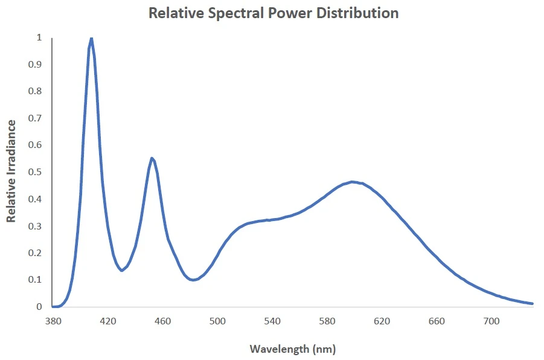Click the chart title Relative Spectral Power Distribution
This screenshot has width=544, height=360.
pos(274,13)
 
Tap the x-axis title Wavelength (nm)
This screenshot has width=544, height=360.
pos(292,349)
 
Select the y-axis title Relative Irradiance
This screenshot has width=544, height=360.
pos(11,171)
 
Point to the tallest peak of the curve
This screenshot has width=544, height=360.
pos(91,39)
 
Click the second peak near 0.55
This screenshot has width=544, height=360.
pos(152,158)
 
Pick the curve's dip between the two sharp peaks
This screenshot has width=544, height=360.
pos(121,270)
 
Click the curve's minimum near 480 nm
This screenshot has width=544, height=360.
pos(193,280)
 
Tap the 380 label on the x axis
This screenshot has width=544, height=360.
pos(53,321)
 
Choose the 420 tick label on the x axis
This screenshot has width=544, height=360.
pos(108,321)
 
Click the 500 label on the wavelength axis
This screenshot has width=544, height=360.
pos(218,321)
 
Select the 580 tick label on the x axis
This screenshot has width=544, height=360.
pos(327,321)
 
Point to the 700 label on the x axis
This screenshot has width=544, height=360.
pos(491,321)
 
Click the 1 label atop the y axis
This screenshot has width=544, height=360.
pos(39,37)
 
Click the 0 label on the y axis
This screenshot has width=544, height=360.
pos(39,307)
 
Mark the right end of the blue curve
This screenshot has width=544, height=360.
pos(532,303)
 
